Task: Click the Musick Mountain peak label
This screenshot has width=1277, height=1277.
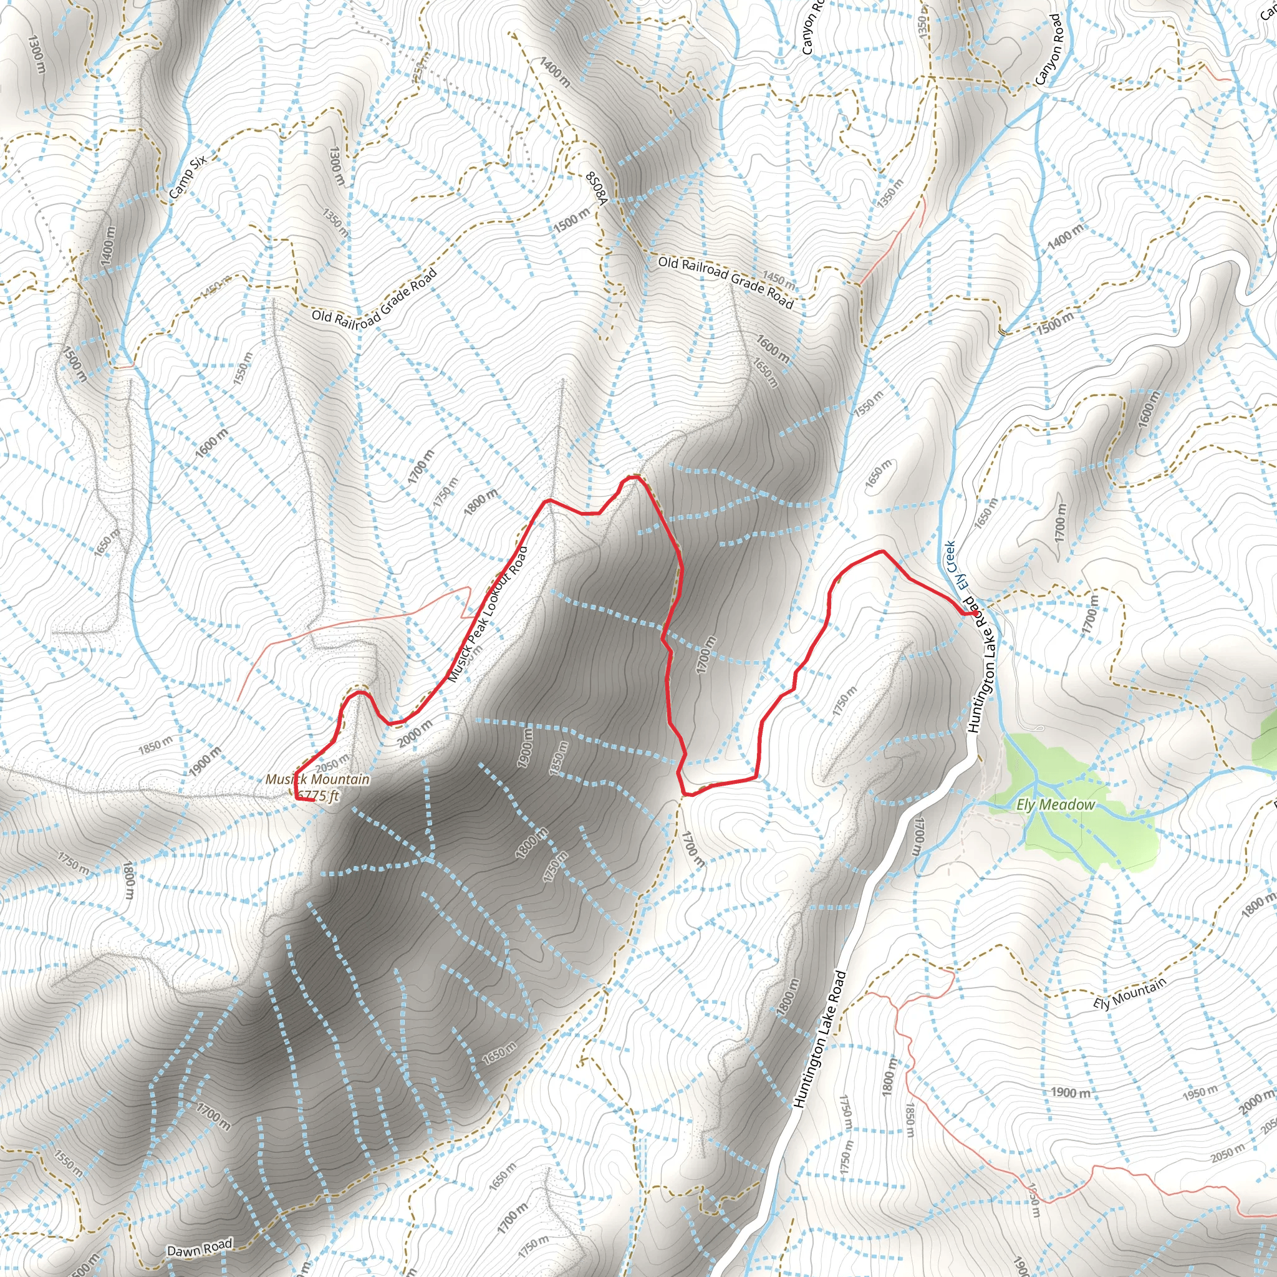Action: tap(317, 779)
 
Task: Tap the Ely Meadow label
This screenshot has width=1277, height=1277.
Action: tap(1055, 804)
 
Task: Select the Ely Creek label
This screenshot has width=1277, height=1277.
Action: tap(957, 566)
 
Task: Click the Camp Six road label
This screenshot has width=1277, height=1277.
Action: tap(188, 176)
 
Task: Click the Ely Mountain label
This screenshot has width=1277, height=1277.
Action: tap(1129, 993)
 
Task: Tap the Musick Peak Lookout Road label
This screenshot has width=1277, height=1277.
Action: tap(488, 615)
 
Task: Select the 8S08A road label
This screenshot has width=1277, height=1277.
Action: tap(595, 188)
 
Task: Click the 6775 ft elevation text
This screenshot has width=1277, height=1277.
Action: tap(318, 795)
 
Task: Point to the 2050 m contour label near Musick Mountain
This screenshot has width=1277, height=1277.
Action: tap(332, 763)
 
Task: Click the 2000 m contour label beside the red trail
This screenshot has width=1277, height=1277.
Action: tap(415, 734)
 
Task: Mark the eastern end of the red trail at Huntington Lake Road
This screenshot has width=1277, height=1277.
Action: tap(976, 613)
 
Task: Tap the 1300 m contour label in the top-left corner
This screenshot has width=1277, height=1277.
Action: tap(37, 54)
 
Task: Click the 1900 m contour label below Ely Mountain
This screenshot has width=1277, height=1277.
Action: tap(1070, 1092)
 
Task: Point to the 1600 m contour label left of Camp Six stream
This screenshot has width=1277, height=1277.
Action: tap(211, 443)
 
